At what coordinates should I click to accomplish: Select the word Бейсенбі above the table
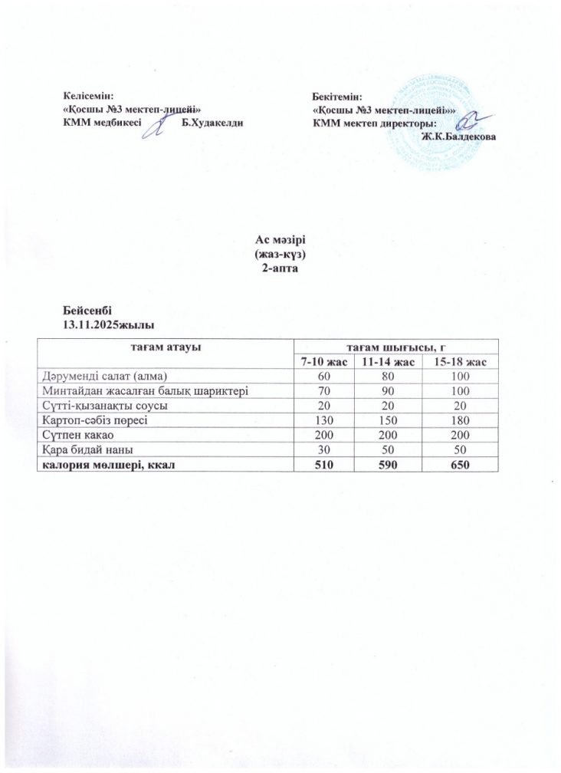coord(87,311)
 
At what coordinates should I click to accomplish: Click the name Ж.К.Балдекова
coord(458,136)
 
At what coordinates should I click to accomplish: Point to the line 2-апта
coord(280,265)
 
